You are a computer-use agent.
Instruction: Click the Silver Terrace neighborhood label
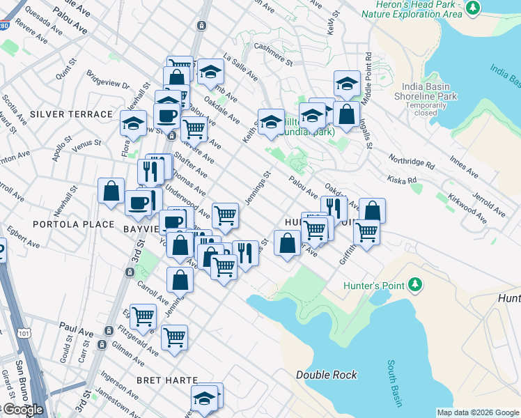(x=71, y=114)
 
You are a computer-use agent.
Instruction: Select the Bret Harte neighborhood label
(x=168, y=380)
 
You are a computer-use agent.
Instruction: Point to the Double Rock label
(x=327, y=375)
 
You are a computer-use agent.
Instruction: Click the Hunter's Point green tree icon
(x=415, y=284)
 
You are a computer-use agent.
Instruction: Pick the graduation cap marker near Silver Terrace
(x=133, y=123)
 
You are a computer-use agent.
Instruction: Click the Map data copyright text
(x=478, y=412)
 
